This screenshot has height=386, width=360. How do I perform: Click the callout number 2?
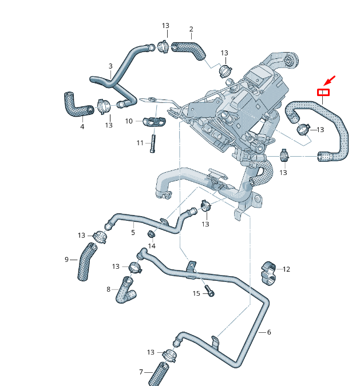click(191, 29)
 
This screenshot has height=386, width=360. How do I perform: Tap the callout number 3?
click(110, 66)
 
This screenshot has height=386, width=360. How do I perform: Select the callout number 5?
click(133, 233)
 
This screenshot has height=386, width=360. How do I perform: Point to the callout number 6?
click(269, 332)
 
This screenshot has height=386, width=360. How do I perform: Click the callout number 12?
click(286, 269)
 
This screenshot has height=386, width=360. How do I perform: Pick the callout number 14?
click(152, 246)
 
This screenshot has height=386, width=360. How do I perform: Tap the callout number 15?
click(196, 293)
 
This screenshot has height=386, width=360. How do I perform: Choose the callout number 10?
click(129, 121)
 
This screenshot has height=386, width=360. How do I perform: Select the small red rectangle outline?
click(323, 92)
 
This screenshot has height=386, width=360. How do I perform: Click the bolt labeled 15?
click(210, 292)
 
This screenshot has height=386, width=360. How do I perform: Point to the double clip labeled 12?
click(269, 273)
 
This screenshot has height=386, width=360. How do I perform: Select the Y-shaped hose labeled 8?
click(126, 289)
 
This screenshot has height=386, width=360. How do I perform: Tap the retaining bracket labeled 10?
click(154, 121)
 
